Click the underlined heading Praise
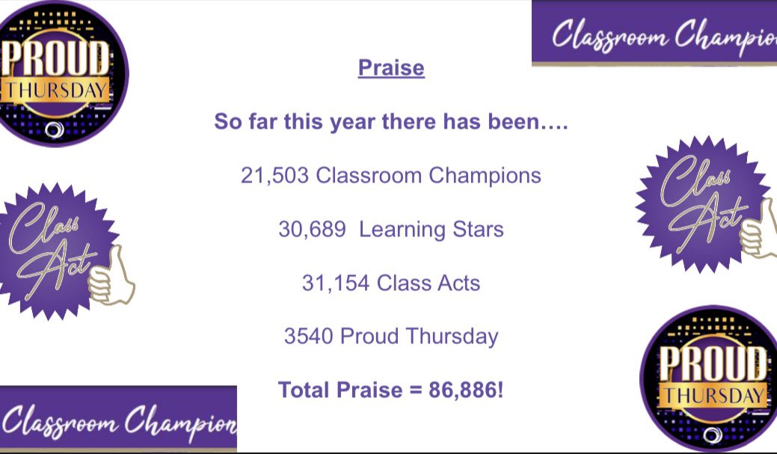click(x=391, y=68)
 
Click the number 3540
click(x=308, y=336)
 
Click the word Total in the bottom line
click(x=306, y=389)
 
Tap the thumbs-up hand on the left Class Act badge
click(x=110, y=277)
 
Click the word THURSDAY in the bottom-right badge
click(x=714, y=394)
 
